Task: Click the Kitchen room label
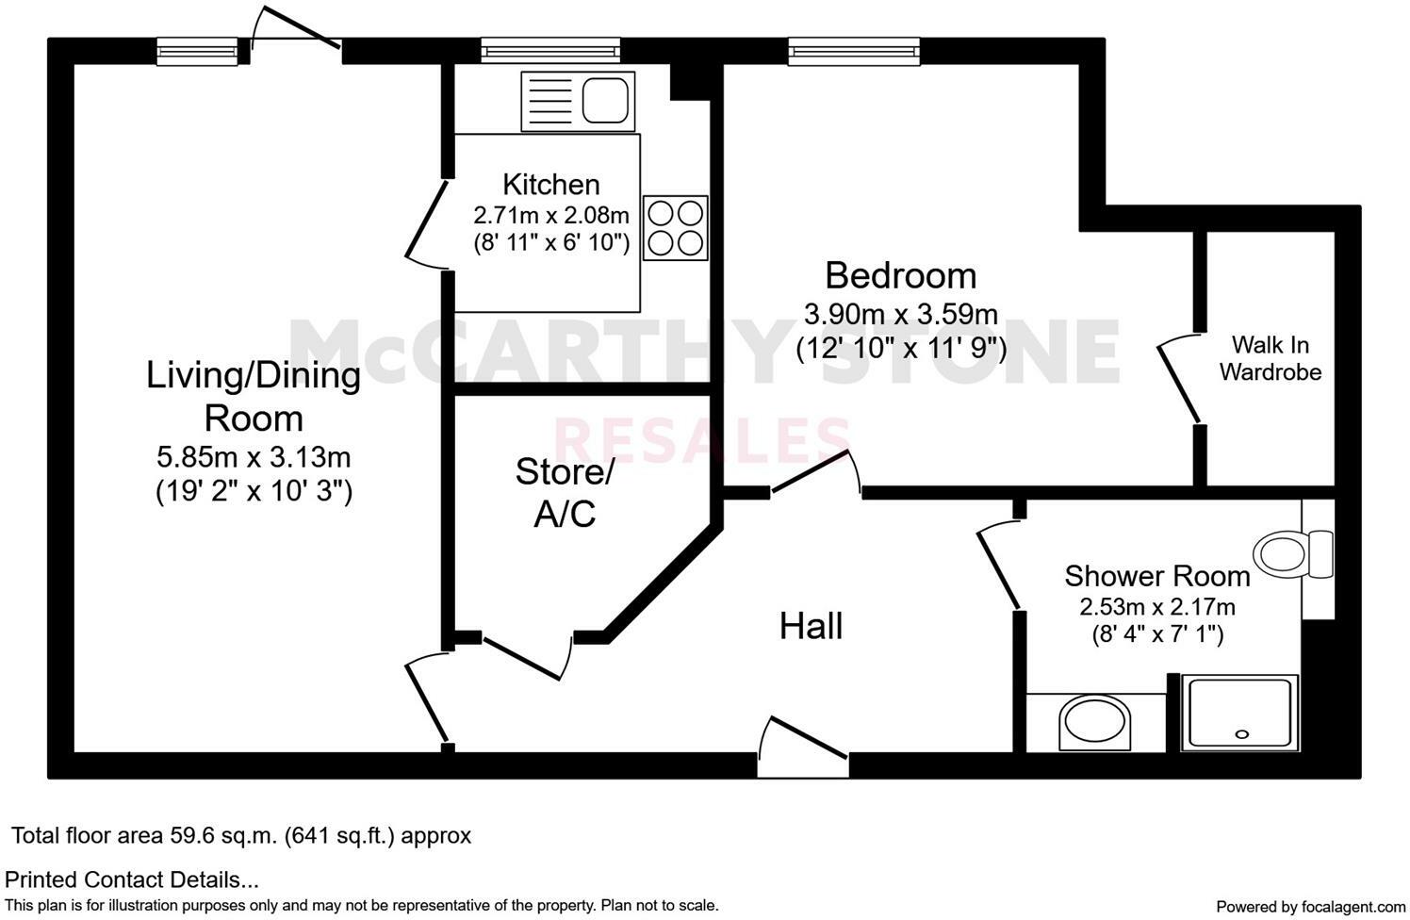[x=550, y=184]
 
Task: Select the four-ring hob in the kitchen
[x=676, y=227]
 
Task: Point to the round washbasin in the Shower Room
[x=1093, y=723]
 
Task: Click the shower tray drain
[x=1241, y=734]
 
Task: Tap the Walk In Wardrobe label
[x=1271, y=358]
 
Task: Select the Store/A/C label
[x=565, y=492]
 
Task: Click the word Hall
[x=811, y=626]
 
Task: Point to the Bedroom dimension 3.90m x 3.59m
[x=900, y=313]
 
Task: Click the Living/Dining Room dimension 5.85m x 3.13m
[x=254, y=458]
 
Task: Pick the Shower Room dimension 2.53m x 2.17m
[x=1156, y=606]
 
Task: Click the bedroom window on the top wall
[x=853, y=50]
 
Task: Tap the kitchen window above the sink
[x=550, y=50]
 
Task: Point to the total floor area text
[x=241, y=835]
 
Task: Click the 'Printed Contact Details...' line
[x=132, y=880]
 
